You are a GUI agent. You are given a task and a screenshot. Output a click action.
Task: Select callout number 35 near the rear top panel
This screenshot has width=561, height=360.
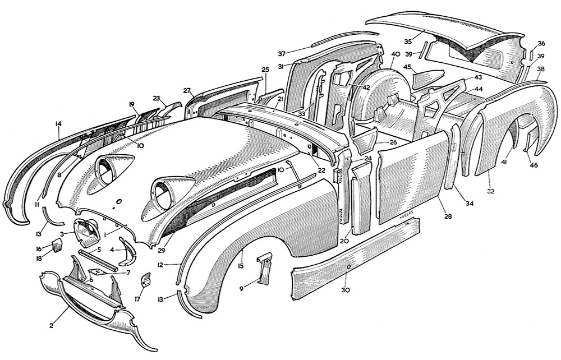(408, 41)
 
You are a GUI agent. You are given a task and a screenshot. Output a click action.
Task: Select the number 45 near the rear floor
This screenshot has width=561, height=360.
(408, 68)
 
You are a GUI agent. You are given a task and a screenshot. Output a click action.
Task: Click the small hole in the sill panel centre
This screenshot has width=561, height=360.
(349, 266)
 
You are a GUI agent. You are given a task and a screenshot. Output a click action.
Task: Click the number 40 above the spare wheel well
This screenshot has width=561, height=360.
(395, 54)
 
